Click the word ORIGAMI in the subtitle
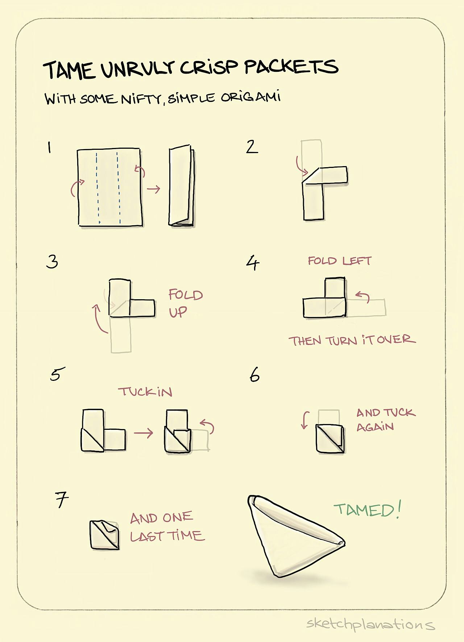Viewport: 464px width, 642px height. (x=250, y=98)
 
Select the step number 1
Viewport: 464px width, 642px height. (x=49, y=148)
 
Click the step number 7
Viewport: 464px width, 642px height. (x=62, y=500)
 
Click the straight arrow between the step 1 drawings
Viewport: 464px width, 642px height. (x=153, y=189)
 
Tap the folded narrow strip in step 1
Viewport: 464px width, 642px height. (x=181, y=186)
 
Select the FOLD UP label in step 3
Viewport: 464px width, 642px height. (x=185, y=303)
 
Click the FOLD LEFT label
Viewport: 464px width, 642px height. (x=339, y=261)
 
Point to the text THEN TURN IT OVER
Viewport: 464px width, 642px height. (x=352, y=340)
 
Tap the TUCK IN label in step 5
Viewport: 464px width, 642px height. (x=145, y=392)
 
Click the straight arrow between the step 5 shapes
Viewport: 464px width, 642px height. (x=144, y=433)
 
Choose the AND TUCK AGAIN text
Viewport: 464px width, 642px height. (x=385, y=419)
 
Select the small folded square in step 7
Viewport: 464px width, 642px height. (x=104, y=535)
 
